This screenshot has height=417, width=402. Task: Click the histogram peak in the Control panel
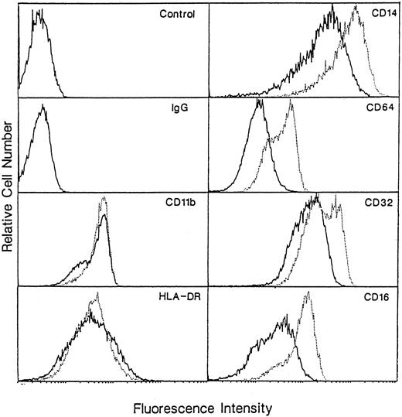(x=36, y=12)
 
